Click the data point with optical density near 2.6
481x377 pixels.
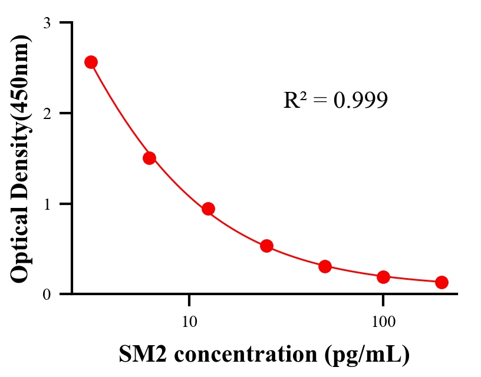point(91,62)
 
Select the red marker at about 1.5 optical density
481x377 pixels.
point(149,158)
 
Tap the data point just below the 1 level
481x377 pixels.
point(208,209)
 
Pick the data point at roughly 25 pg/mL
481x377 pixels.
point(266,246)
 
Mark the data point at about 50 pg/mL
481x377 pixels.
point(325,266)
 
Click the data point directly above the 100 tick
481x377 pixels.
point(383,277)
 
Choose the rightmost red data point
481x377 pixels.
point(442,282)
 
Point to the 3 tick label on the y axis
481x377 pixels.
point(47,23)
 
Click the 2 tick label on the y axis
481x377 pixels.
point(47,114)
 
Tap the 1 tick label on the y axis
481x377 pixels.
point(47,204)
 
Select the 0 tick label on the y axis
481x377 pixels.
point(47,295)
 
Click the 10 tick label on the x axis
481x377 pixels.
point(189,323)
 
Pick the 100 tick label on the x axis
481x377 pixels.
point(383,323)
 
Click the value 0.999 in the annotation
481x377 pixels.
point(360,101)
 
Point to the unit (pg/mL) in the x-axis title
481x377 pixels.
point(366,355)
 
